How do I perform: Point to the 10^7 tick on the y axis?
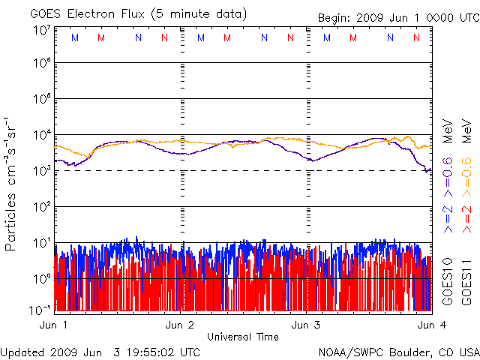40,30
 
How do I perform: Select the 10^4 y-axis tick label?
40,135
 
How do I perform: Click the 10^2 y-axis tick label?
40,206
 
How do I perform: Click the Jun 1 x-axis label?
54,325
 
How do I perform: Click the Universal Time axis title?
242,337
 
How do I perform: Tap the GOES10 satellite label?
448,279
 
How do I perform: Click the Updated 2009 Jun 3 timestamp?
100,352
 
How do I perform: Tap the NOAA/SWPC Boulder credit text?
397,352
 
